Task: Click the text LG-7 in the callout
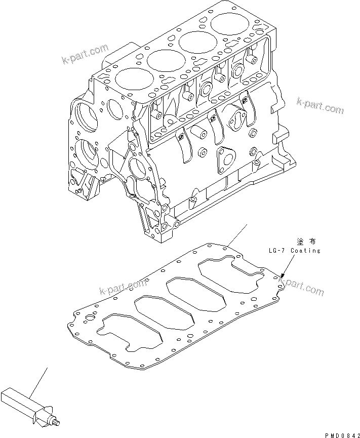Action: coord(278,251)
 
